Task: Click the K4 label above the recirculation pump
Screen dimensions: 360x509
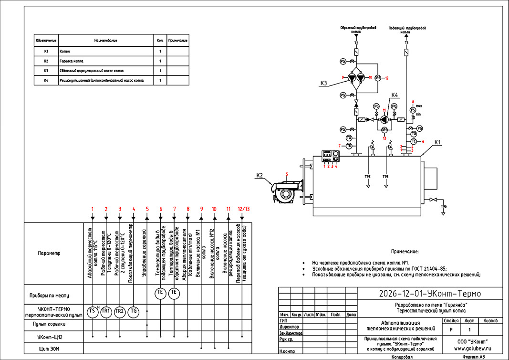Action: tap(395, 95)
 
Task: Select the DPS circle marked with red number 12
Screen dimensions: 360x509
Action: tap(377, 77)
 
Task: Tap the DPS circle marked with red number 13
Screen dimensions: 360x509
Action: tap(384, 129)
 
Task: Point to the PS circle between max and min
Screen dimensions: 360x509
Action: tap(413, 110)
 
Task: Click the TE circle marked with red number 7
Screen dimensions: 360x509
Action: tap(348, 145)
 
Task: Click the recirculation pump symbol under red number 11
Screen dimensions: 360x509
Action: tap(384, 119)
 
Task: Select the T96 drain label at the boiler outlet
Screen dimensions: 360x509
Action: tap(444, 206)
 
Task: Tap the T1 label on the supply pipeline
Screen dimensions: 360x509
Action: tap(406, 43)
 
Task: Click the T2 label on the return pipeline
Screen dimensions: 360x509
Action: tap(356, 43)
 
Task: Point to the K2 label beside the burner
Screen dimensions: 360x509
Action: tap(260, 175)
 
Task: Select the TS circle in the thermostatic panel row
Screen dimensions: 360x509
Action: tap(93, 311)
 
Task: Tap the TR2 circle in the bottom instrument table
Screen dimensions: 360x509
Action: tap(120, 311)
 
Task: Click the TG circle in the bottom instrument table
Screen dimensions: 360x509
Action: tap(134, 311)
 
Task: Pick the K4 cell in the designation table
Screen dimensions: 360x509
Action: tap(46, 81)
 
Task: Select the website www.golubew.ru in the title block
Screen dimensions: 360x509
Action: tap(474, 349)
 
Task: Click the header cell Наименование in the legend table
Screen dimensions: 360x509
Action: tap(105, 41)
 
